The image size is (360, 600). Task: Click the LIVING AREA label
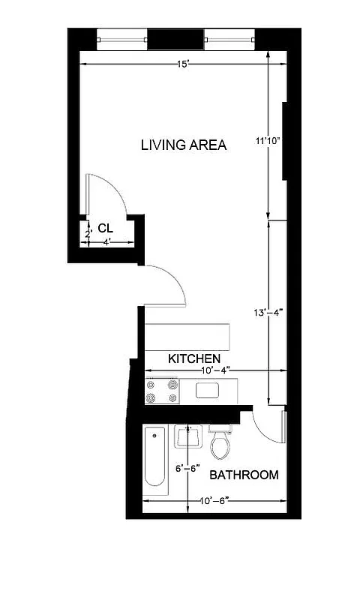(x=183, y=145)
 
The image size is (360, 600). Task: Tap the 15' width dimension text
(x=181, y=65)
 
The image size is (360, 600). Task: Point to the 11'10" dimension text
(x=268, y=140)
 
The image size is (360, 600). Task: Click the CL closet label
(x=105, y=228)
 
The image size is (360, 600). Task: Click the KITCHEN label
(x=193, y=358)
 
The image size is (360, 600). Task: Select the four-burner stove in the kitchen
(x=163, y=391)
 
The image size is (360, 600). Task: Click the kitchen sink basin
(x=208, y=390)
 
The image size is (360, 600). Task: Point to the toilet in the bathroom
(x=220, y=443)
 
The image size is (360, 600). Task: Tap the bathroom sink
(x=186, y=438)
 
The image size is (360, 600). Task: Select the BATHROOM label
(x=244, y=475)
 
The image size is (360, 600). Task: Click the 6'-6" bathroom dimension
(x=187, y=468)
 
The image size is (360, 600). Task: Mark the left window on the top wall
(x=121, y=38)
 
